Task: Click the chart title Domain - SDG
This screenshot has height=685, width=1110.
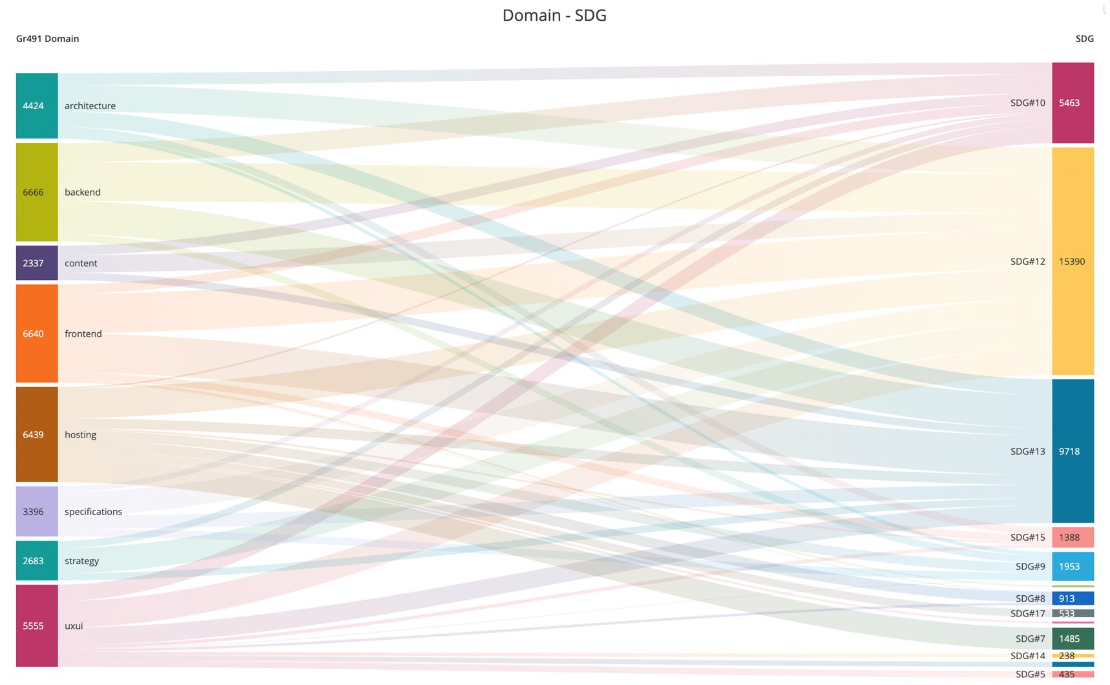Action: pyautogui.click(x=554, y=15)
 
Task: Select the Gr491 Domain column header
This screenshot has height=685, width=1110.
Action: pyautogui.click(x=47, y=39)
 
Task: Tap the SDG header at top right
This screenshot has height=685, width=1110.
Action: pyautogui.click(x=1084, y=39)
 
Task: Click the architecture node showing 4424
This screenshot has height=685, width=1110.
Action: pyautogui.click(x=37, y=105)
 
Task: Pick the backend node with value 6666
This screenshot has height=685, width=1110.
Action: pyautogui.click(x=37, y=192)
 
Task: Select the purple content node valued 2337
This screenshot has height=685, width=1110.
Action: pyautogui.click(x=37, y=263)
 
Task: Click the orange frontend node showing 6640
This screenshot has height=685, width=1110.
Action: pyautogui.click(x=37, y=333)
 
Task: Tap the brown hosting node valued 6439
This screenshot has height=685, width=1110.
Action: pyautogui.click(x=37, y=434)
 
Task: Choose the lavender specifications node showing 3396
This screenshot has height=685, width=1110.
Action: pyautogui.click(x=37, y=511)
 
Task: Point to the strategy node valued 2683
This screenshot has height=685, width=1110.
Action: pyautogui.click(x=37, y=560)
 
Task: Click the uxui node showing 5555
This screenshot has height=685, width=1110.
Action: pyautogui.click(x=37, y=626)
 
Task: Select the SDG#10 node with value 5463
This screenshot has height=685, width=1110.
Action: pyautogui.click(x=1072, y=103)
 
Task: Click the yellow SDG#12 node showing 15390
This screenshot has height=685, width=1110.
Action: pyautogui.click(x=1072, y=261)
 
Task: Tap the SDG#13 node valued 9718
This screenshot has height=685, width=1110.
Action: pyautogui.click(x=1072, y=451)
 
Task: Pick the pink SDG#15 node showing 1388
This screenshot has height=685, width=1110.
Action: pyautogui.click(x=1072, y=537)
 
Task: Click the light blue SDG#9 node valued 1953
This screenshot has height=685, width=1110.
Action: pyautogui.click(x=1072, y=566)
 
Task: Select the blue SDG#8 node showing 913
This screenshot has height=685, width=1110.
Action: pyautogui.click(x=1072, y=598)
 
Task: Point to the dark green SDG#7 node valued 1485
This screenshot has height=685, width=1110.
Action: pyautogui.click(x=1072, y=638)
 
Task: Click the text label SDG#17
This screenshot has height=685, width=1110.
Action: pyautogui.click(x=1027, y=613)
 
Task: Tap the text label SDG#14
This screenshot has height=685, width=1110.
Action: pyautogui.click(x=1027, y=656)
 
